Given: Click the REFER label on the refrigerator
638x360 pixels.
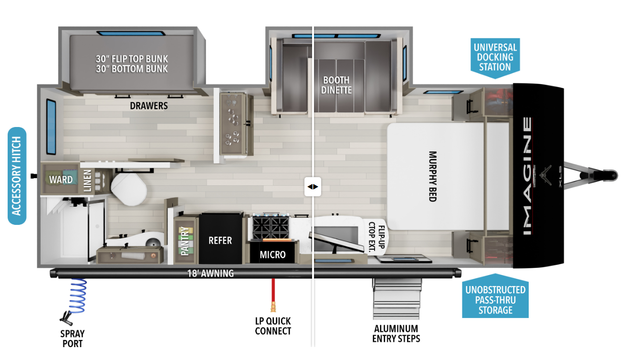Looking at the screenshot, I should coord(220,240).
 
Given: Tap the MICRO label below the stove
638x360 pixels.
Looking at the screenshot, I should coord(272,254).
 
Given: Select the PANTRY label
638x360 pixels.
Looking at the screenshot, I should coord(185,241).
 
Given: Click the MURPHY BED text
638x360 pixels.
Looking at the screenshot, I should coord(432,176).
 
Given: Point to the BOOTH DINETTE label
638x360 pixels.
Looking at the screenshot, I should coord(336,85).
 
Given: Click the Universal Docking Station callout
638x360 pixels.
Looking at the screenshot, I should coord(495,56).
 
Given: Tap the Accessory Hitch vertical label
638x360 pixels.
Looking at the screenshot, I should coord(17,176).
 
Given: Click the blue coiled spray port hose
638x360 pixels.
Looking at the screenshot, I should coord(76,296).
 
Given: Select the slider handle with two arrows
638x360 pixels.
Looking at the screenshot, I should coord(313,187).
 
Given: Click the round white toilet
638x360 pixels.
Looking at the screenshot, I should coord(127,189).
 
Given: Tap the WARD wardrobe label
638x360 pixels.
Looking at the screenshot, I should coord(61,180).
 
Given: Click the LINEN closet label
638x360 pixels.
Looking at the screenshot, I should coord(87,181).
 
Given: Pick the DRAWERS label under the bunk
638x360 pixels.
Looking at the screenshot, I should coord(149,106).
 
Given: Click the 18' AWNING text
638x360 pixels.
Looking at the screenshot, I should coord(210,274).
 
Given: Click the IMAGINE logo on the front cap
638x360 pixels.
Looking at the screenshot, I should coord(526,176).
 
